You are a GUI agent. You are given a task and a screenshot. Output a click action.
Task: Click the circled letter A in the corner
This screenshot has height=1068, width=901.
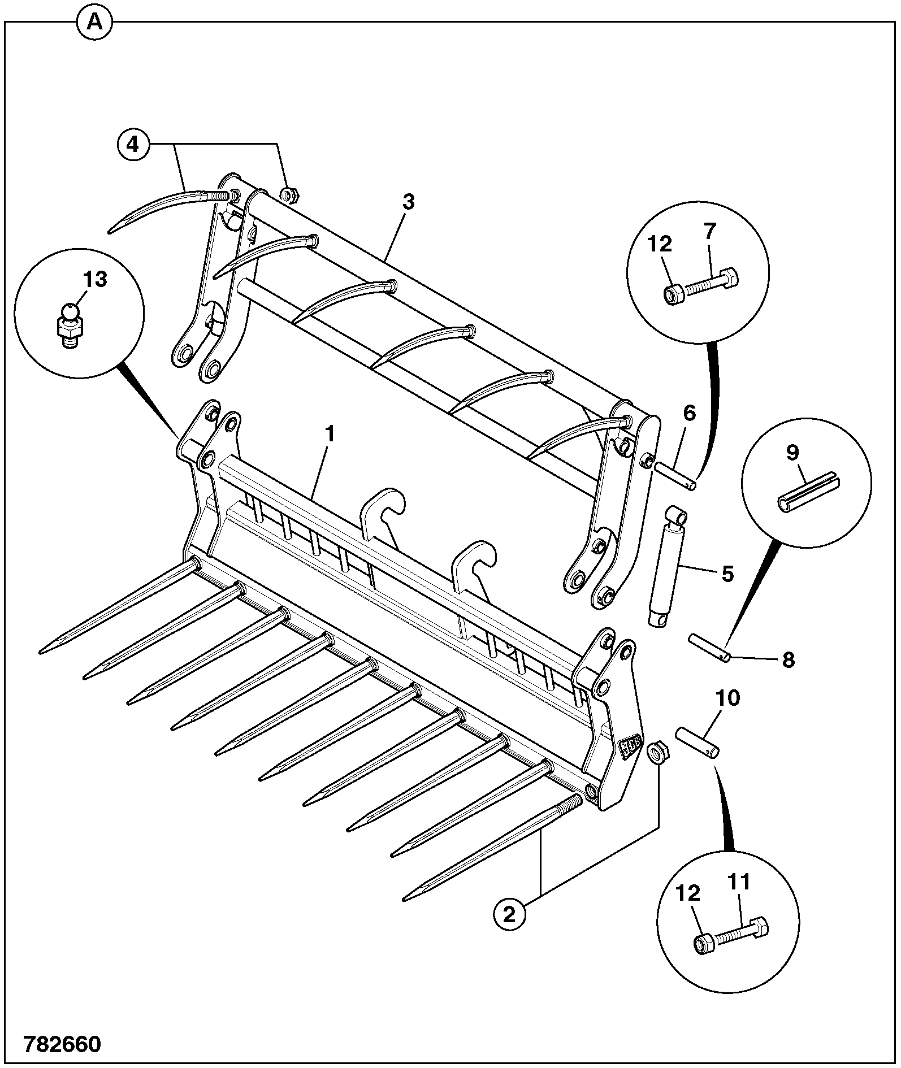click(94, 22)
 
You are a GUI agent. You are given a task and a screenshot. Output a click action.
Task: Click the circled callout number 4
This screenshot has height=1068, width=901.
click(132, 145)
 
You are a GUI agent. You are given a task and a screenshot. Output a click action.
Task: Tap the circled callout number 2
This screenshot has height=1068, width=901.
click(509, 914)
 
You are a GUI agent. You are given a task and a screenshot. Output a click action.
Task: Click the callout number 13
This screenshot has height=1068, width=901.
click(95, 279)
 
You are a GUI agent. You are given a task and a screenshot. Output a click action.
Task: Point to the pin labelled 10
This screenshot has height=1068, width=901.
click(697, 743)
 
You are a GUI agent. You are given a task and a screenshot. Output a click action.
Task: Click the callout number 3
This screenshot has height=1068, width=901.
click(409, 202)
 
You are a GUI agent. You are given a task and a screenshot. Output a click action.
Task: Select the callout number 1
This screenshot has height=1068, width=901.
click(331, 435)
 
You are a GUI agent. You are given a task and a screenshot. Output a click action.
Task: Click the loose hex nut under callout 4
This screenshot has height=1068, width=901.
click(290, 196)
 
